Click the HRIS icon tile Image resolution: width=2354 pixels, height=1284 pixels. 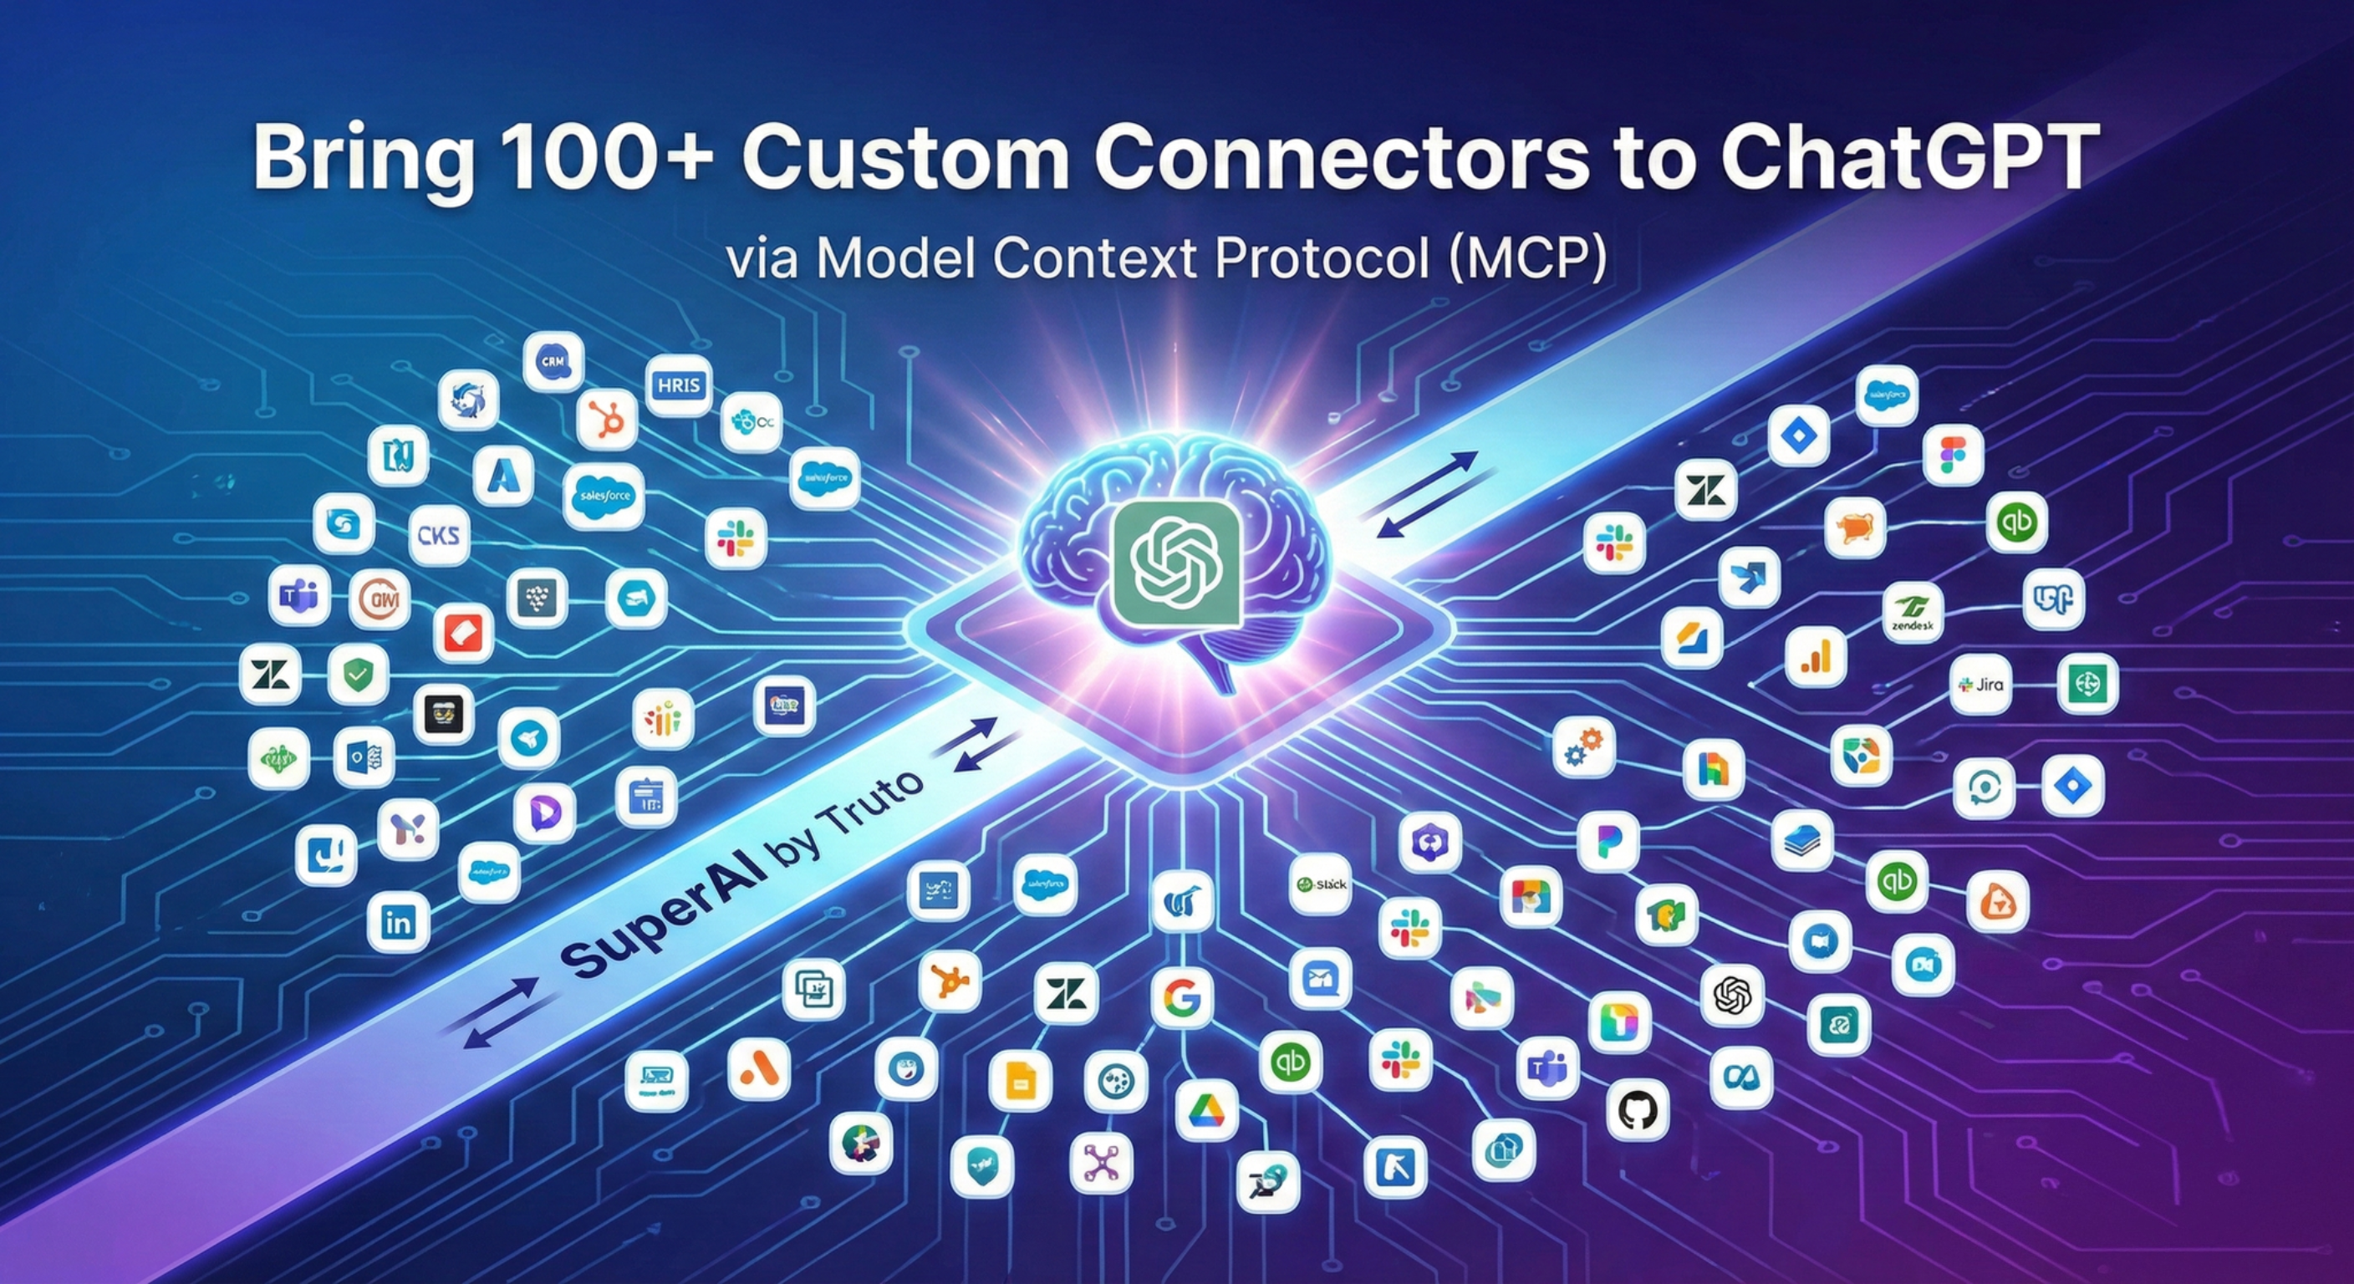(x=678, y=385)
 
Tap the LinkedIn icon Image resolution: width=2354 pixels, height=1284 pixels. (x=399, y=922)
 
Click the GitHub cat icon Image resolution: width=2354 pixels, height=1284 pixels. (x=1637, y=1110)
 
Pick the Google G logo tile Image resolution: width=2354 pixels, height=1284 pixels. (x=1181, y=999)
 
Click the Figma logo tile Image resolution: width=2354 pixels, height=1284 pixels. (x=1953, y=454)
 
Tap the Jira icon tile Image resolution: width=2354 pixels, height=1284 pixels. (x=1980, y=684)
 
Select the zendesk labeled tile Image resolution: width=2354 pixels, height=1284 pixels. (x=1913, y=612)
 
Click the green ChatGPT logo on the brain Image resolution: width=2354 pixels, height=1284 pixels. (x=1176, y=563)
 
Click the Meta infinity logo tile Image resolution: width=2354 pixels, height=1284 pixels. (x=1740, y=1078)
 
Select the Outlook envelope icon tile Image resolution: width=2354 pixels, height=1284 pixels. (x=364, y=757)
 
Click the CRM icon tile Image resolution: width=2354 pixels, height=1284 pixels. (x=553, y=362)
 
